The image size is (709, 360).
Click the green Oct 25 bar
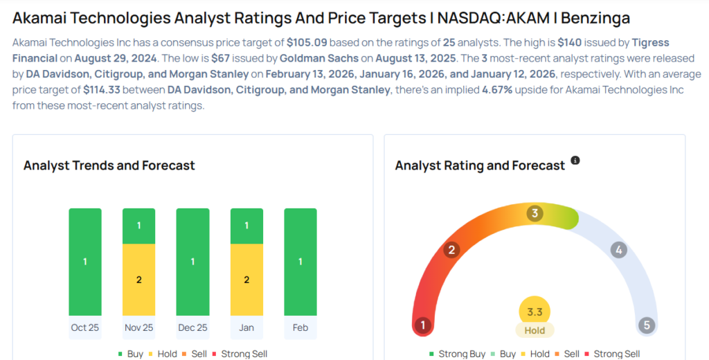coord(84,262)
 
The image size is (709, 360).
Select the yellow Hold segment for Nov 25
coord(138,280)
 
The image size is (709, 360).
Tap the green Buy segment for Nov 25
coord(138,226)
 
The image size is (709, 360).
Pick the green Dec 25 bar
coord(192,262)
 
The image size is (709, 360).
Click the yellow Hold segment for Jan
coord(246,280)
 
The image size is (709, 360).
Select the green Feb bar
coord(300,262)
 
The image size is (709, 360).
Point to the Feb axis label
coord(300,327)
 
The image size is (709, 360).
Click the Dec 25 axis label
coord(192,327)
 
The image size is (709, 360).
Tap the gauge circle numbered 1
coord(422,325)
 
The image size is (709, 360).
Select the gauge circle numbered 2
coord(452,250)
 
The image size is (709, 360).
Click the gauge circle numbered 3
coord(534,213)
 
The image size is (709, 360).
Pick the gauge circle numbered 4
coord(619,250)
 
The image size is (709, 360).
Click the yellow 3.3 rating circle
coord(535,312)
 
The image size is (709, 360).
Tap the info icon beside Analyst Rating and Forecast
coord(575,161)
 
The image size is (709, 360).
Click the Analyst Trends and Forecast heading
coord(109,165)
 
